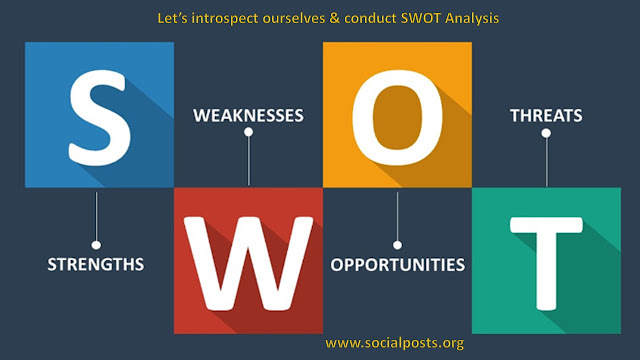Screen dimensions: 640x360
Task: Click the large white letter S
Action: [100, 118]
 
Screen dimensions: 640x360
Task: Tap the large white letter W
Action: [248, 264]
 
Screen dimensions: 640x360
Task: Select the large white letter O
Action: [397, 117]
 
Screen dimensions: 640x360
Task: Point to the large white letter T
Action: [546, 264]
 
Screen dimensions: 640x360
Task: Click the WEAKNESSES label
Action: [248, 116]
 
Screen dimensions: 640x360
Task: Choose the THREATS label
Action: [546, 116]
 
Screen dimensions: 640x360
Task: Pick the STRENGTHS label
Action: [96, 264]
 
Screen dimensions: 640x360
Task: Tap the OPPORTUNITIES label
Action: [398, 265]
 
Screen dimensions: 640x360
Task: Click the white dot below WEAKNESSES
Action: [248, 132]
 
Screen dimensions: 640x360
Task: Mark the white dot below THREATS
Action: [546, 133]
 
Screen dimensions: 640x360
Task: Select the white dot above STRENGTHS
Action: [96, 245]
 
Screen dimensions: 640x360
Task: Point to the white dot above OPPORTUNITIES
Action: [397, 245]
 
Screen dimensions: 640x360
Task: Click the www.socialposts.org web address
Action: [394, 343]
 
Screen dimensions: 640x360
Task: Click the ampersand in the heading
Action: [334, 18]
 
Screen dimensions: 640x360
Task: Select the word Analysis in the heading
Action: [472, 19]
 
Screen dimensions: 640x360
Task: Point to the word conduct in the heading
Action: [370, 18]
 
